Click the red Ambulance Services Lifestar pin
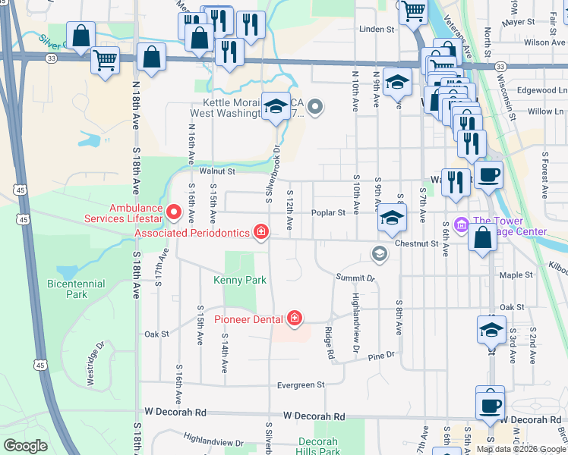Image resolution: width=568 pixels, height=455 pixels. [x=173, y=213]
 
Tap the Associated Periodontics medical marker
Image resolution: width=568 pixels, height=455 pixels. [x=260, y=231]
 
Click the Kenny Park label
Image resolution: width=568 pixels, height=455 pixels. [x=240, y=280]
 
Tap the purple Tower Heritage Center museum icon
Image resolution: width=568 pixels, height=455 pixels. [x=460, y=225]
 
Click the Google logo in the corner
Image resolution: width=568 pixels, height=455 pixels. [x=25, y=446]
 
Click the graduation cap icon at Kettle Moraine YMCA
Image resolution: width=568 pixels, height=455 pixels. [x=276, y=106]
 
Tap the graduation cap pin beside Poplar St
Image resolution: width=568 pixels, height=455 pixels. [x=391, y=218]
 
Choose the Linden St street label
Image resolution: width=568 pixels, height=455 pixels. [x=377, y=30]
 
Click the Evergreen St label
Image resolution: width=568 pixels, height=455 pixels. [x=300, y=385]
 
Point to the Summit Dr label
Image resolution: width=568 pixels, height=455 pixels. [x=355, y=278]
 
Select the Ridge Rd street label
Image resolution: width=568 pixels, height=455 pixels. [x=330, y=342]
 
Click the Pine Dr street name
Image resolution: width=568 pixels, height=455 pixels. [x=381, y=356]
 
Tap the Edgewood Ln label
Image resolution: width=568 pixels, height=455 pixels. [x=537, y=89]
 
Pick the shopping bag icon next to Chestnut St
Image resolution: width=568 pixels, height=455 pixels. [x=482, y=237]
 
